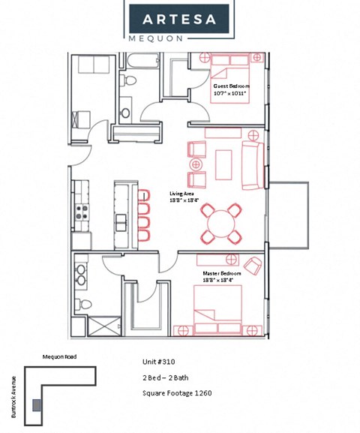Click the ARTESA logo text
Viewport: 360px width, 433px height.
coord(179,17)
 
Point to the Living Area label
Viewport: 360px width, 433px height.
coord(183,197)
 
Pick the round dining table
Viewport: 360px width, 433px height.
coord(222,223)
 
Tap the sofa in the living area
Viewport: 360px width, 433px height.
coord(252,162)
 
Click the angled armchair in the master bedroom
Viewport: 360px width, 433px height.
coord(253,266)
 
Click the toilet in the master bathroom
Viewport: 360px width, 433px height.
coord(84,304)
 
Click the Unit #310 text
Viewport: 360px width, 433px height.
coord(159,361)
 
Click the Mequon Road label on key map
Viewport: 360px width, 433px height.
coord(59,356)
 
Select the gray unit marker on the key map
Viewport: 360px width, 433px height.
coord(37,404)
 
